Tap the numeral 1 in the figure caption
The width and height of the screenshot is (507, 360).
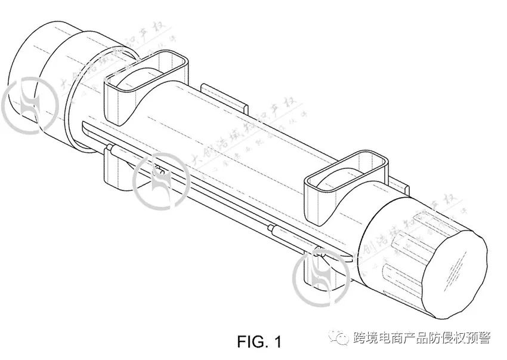[x=276, y=342]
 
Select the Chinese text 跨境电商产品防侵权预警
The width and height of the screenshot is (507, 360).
[x=421, y=339]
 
